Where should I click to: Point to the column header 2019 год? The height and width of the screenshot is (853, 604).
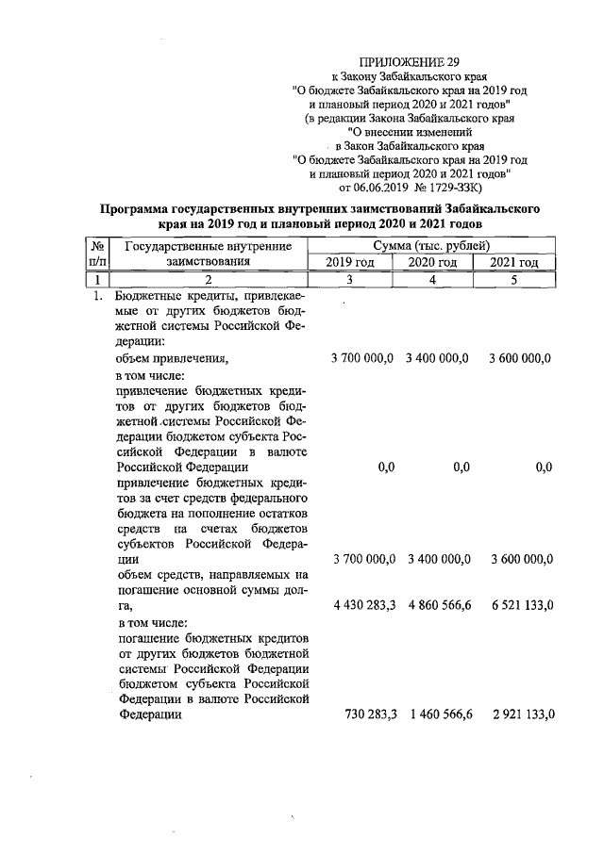[x=350, y=263]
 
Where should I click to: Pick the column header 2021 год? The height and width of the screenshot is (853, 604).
[x=515, y=263]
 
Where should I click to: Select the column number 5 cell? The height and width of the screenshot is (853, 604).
[x=515, y=280]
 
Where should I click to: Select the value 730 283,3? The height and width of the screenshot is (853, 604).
[x=369, y=714]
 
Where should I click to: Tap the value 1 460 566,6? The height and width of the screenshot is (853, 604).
[x=439, y=714]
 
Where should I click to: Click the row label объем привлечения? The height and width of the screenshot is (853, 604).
[x=172, y=359]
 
